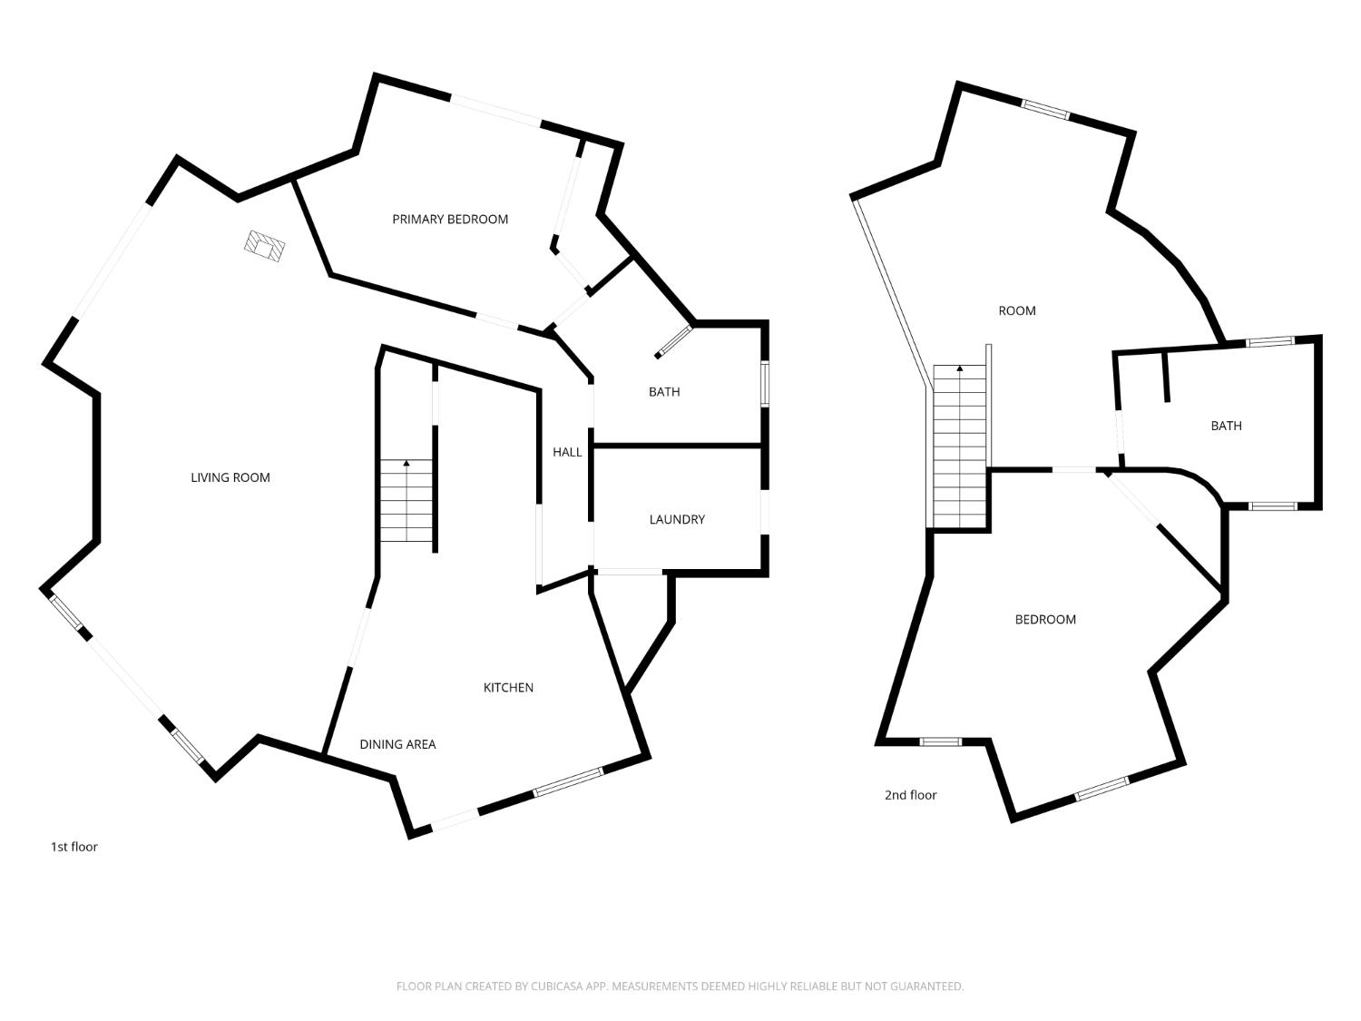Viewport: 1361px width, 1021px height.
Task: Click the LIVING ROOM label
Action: [x=230, y=477]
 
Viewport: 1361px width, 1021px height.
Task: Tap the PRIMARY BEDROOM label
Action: [x=450, y=219]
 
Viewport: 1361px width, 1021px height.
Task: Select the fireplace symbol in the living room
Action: [x=265, y=246]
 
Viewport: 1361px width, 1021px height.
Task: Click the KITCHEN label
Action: [x=508, y=687]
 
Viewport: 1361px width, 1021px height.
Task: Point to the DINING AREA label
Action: [x=397, y=744]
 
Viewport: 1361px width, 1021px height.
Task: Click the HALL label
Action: [x=567, y=452]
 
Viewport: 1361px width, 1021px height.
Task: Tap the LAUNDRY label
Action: [x=677, y=519]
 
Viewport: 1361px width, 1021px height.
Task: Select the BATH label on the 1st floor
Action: [x=664, y=392]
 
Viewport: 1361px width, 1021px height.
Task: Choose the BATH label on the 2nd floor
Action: [x=1226, y=426]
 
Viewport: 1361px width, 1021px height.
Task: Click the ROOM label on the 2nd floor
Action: [x=1017, y=310]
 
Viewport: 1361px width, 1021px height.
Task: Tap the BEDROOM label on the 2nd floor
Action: [x=1045, y=619]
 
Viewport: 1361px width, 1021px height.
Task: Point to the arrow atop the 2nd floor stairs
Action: [x=960, y=368]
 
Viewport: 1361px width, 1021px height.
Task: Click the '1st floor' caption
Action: [x=73, y=847]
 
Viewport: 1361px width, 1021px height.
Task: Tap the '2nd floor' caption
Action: [x=910, y=795]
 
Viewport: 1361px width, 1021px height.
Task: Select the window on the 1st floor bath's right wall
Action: [x=765, y=383]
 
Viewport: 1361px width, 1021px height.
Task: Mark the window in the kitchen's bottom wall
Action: [x=568, y=782]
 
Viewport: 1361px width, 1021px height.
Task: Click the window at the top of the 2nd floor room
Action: [x=1045, y=109]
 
